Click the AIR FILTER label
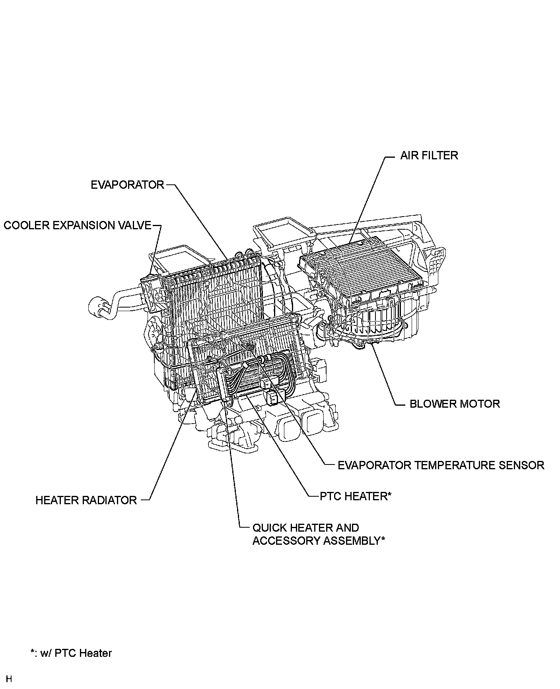pos(429,155)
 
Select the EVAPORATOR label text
pos(127,185)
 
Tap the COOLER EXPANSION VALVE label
pos(78,225)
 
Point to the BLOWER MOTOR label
pos(455,404)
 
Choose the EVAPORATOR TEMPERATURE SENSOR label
pos(441,465)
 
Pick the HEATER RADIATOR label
pos(86,500)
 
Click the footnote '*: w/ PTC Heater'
pos(71,653)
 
